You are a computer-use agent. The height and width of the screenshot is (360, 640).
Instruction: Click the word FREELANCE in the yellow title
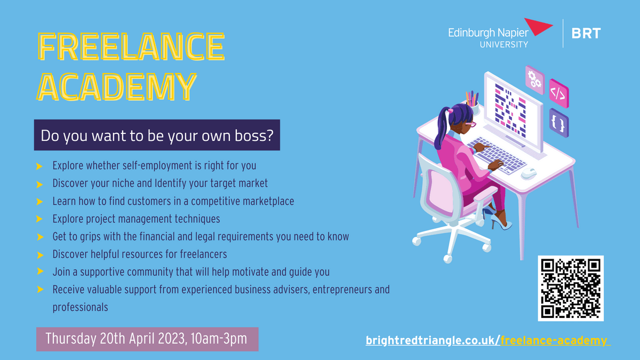coord(131,46)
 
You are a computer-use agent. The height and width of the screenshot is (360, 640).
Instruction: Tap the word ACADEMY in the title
coord(117,86)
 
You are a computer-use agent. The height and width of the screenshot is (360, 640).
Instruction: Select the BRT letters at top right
coord(586,34)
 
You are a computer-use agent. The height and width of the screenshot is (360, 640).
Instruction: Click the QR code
coord(571,289)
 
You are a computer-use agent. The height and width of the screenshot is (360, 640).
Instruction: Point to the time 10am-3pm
coord(219,339)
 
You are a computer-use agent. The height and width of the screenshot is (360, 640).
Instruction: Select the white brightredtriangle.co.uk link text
coord(433,341)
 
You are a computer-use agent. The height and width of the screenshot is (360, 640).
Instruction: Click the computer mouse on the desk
coord(529,173)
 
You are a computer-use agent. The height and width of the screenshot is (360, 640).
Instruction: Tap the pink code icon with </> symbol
coord(559,93)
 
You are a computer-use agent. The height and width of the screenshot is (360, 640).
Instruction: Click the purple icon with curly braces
coord(559,123)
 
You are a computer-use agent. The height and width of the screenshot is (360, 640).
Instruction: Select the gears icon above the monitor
coord(534,79)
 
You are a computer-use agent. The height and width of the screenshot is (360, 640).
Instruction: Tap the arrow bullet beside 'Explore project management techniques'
coord(39,219)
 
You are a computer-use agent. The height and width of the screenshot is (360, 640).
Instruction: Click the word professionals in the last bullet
coord(81,307)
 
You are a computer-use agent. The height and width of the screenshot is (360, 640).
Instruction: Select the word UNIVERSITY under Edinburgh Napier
coord(504,45)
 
